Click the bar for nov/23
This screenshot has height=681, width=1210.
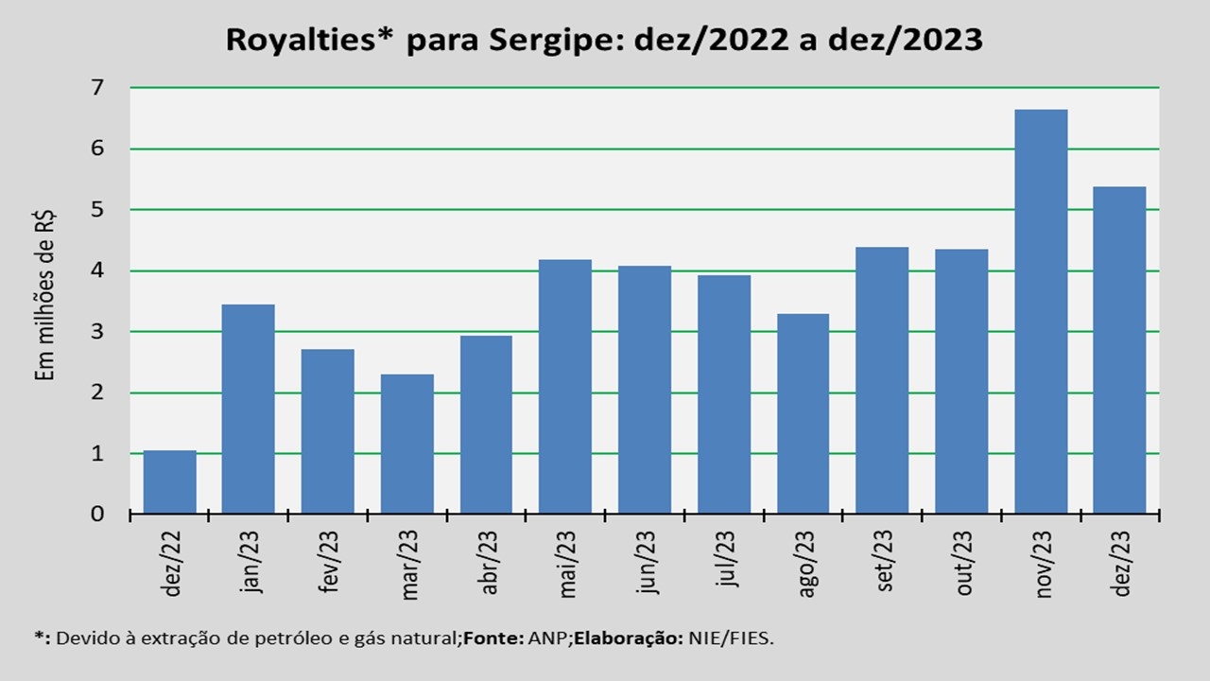coord(1041,312)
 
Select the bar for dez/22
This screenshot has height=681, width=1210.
coord(170,482)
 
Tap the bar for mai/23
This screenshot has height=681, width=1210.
coord(565,387)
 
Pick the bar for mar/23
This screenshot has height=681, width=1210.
coord(407,445)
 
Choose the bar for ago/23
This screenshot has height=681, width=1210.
coord(803,414)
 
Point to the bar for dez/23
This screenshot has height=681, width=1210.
coord(1119,350)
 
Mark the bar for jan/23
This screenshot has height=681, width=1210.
coord(249,409)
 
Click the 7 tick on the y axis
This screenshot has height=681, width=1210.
coord(96,88)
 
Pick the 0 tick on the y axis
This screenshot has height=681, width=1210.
coord(96,515)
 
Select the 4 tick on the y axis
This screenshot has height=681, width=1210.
coord(96,271)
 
